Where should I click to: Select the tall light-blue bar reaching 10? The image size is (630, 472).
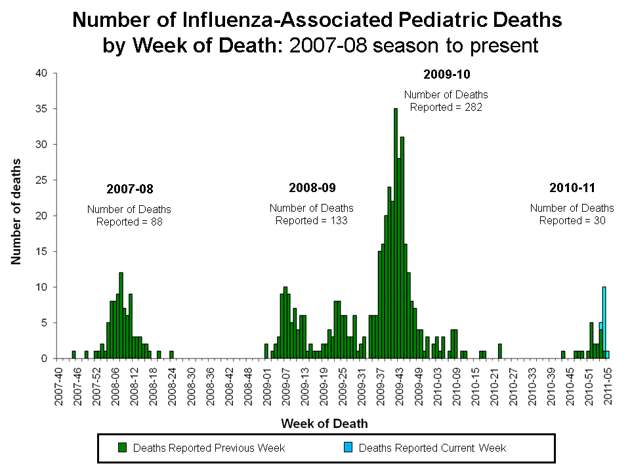[604, 321]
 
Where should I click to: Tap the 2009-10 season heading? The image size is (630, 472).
[447, 73]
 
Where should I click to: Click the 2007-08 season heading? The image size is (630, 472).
[129, 189]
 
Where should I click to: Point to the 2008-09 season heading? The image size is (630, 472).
[312, 188]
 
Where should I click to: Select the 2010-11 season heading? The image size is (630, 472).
[572, 188]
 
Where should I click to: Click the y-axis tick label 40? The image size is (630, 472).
[41, 73]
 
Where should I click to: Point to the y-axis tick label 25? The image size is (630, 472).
[41, 180]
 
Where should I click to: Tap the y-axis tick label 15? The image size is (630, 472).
[41, 251]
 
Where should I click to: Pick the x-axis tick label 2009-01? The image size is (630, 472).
[268, 387]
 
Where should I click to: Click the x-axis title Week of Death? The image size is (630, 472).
[324, 423]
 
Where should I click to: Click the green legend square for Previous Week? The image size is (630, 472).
[122, 448]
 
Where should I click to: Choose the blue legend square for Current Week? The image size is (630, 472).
[348, 448]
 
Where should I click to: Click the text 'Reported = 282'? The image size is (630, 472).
[446, 108]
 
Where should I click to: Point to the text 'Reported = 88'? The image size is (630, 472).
[129, 222]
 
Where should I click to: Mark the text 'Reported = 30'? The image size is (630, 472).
[572, 221]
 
